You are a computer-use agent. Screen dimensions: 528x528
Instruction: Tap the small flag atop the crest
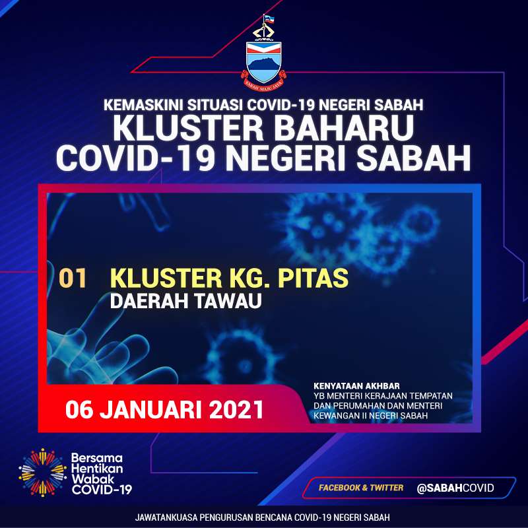(x=269, y=19)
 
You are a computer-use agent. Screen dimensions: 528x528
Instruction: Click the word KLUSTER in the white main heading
(x=188, y=128)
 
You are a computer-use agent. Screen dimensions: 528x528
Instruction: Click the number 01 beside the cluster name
(x=73, y=279)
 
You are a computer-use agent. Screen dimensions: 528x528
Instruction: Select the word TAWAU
(x=228, y=301)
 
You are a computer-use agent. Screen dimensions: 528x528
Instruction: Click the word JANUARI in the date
(x=151, y=410)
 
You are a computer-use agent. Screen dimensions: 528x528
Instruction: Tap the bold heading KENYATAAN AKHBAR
(x=356, y=386)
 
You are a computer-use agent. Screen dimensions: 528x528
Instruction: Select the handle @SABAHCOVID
(x=455, y=488)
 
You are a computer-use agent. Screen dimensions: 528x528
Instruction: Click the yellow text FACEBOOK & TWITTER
(x=361, y=488)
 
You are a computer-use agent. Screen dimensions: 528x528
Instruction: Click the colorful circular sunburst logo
(x=42, y=473)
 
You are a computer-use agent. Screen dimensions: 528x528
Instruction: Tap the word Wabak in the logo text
(x=88, y=479)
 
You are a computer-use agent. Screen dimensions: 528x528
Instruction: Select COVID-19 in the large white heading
(x=136, y=158)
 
